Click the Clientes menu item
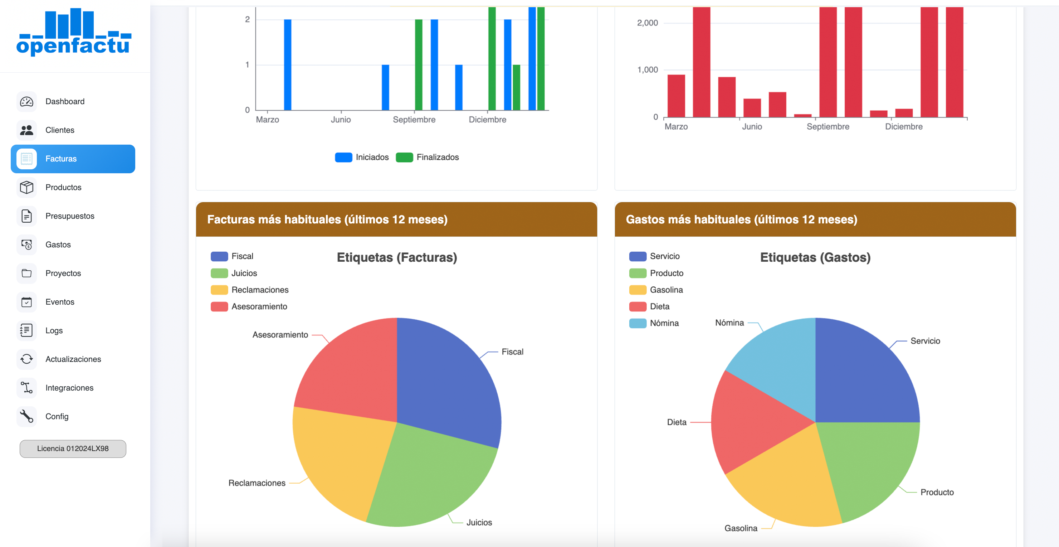[x=60, y=130]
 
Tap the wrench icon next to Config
[x=27, y=416]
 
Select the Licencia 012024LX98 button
[x=73, y=448]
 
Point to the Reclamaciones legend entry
[x=260, y=290]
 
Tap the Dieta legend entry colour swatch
[x=638, y=306]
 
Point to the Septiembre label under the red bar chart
[x=828, y=127]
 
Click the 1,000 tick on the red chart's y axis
[x=647, y=70]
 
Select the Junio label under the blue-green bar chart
[x=341, y=120]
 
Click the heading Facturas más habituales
[x=327, y=219]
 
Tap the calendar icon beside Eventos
[x=27, y=302]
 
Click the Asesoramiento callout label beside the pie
[x=280, y=335]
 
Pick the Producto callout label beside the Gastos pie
[x=937, y=492]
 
